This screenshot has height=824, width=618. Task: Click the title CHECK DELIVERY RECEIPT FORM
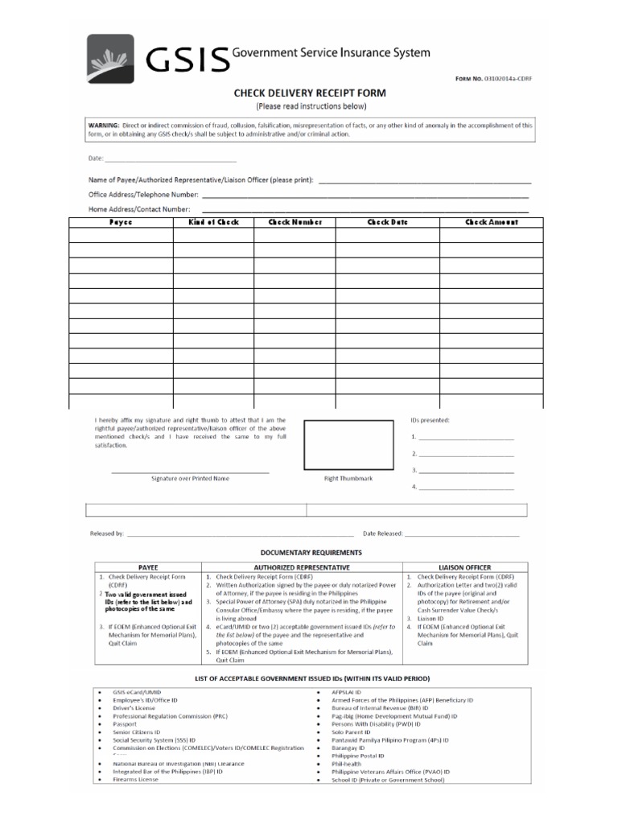310,93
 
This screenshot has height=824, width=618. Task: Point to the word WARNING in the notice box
104,126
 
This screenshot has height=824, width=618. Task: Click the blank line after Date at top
165,159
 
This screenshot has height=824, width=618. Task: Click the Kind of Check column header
213,222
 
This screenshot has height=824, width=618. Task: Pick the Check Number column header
295,222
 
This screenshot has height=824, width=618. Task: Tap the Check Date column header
388,222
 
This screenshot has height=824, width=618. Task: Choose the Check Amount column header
491,222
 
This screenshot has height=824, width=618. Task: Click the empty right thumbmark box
348,445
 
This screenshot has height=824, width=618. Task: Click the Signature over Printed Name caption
190,478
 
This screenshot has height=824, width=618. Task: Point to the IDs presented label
430,420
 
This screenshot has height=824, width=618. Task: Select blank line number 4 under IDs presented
465,488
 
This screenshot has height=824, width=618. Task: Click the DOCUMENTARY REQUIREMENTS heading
310,553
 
